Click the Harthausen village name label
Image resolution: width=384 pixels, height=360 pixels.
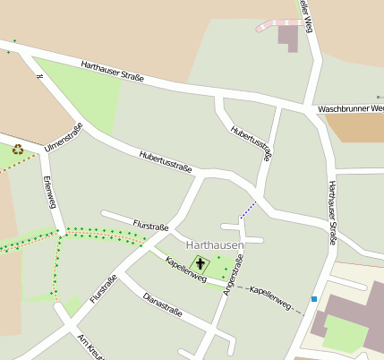click(214, 244)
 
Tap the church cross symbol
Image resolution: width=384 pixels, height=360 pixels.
click(201, 264)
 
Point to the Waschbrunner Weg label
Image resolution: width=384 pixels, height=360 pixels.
click(351, 109)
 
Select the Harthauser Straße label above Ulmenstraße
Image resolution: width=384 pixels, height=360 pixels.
click(112, 72)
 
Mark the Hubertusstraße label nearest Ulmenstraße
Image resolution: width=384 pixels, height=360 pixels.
click(167, 161)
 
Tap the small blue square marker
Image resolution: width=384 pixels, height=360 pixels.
click(314, 298)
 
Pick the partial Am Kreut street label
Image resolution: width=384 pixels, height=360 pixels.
click(90, 347)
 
